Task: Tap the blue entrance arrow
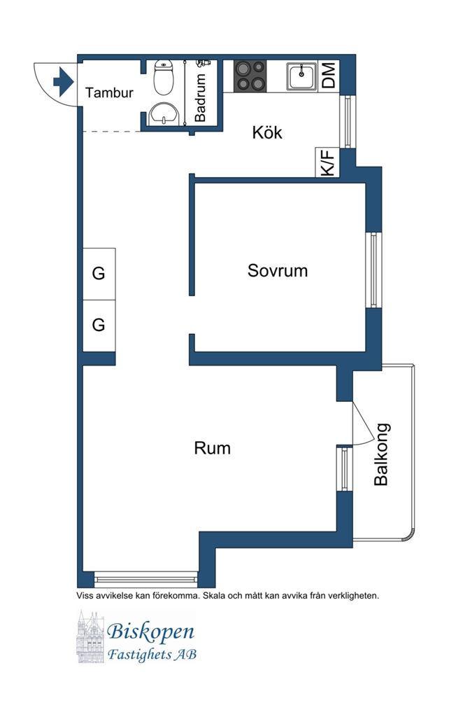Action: click(63, 81)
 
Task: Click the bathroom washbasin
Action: click(164, 113)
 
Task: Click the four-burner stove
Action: click(250, 76)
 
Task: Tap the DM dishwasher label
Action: click(329, 75)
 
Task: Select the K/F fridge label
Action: click(328, 162)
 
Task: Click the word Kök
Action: click(267, 132)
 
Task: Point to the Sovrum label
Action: click(278, 270)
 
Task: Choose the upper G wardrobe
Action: click(99, 274)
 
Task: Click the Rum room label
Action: click(212, 448)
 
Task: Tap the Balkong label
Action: click(382, 454)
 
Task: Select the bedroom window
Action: click(374, 270)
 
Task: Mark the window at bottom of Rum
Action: click(145, 578)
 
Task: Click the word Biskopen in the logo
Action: click(150, 632)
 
